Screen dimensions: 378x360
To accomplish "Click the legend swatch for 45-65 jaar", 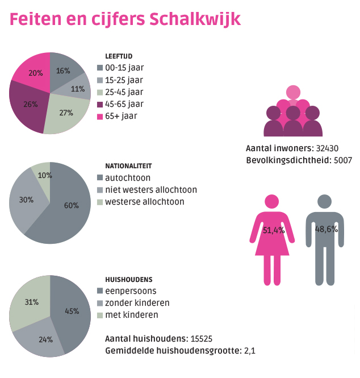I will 100,104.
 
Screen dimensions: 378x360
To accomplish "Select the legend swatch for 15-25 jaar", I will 100,80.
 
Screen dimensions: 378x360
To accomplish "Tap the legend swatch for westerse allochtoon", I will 100,202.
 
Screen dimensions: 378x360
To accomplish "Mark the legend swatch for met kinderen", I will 100,315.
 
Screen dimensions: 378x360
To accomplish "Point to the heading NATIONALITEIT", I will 128,166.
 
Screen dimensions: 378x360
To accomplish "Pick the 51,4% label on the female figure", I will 273,230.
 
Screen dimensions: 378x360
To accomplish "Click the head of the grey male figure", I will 324,201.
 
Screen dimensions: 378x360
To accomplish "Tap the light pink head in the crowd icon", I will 292,92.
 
